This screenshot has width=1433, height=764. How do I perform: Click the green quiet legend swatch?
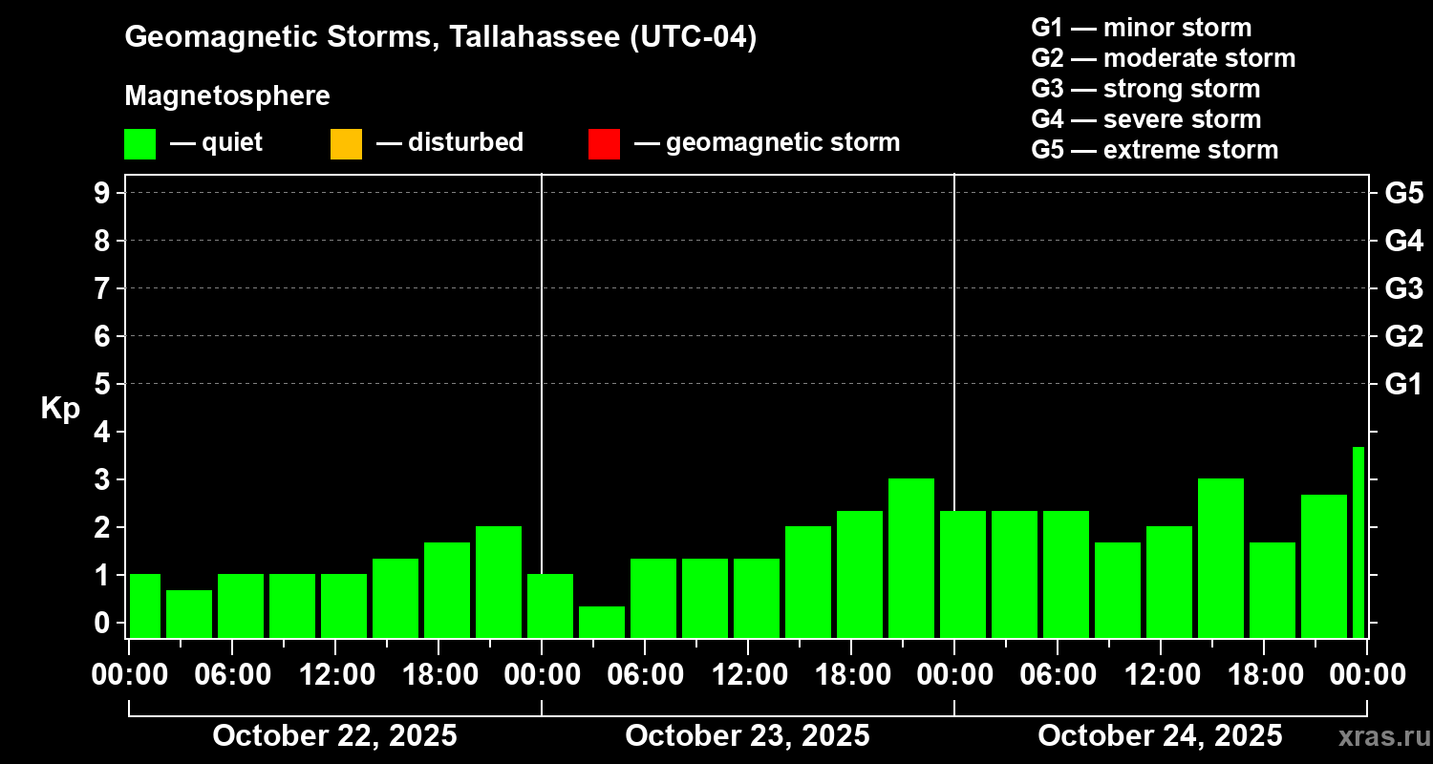(139, 143)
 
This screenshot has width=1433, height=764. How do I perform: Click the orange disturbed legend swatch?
(346, 143)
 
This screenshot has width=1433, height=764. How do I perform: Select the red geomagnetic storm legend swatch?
(604, 143)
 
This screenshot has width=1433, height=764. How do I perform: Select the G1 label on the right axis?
(1403, 385)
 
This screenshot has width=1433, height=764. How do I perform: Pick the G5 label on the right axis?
(1403, 194)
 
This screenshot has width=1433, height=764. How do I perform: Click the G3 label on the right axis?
(1403, 289)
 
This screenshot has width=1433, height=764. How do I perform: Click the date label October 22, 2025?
(334, 736)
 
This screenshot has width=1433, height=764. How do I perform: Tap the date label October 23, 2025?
(747, 736)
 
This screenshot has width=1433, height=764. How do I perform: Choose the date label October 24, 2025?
(1160, 736)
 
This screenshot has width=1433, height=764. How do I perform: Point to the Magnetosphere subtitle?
(227, 96)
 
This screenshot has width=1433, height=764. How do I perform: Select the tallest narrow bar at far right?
(1358, 541)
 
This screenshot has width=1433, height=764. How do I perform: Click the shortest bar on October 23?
(602, 622)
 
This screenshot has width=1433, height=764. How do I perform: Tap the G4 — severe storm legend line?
(1146, 119)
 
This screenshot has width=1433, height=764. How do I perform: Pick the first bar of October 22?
(145, 605)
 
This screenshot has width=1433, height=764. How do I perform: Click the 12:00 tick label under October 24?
(1160, 675)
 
